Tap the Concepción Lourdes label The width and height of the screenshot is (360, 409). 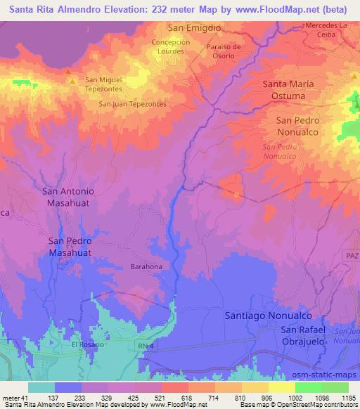[172, 47]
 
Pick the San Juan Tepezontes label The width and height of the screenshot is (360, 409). [133, 104]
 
